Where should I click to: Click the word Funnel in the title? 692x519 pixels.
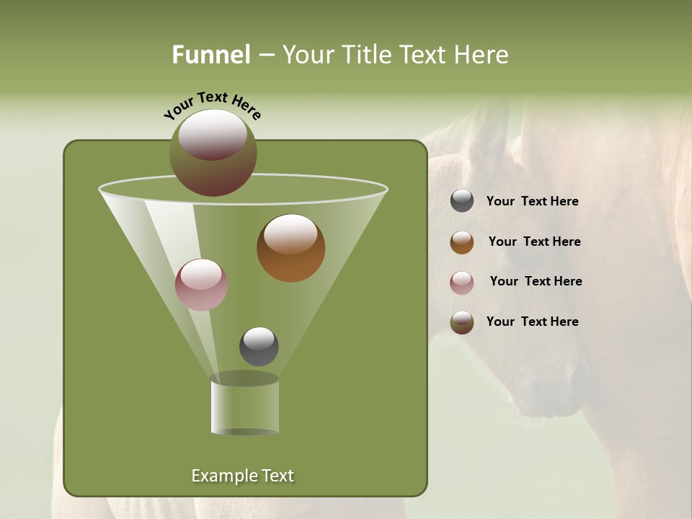pos(211,55)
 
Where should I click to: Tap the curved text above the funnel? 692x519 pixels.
pos(213,105)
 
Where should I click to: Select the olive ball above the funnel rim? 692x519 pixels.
pos(213,152)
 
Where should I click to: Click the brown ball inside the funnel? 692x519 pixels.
pos(290,248)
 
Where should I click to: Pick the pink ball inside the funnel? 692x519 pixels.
pos(201,285)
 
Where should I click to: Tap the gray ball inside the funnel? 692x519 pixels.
pos(259,346)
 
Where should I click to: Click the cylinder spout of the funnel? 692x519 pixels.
pos(244,406)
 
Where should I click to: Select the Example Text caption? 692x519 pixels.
pos(242,476)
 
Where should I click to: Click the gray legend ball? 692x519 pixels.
pos(462,201)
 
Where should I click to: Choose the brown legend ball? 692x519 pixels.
pos(462,242)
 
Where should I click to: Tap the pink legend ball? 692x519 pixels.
pos(462,282)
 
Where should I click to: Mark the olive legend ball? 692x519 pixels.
pos(462,322)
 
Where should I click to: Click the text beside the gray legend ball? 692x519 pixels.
pos(532,202)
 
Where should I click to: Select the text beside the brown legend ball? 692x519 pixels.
pos(534,242)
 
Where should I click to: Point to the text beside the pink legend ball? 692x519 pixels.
pos(536,282)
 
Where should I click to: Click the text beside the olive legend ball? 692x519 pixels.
pos(532,322)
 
